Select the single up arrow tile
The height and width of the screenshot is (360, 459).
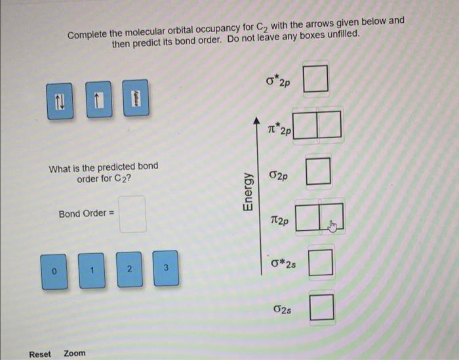pyautogui.click(x=97, y=100)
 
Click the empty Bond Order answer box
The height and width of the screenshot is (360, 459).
pyautogui.click(x=132, y=214)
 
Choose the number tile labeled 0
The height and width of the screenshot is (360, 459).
pyautogui.click(x=56, y=270)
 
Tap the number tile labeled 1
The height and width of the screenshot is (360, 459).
pyautogui.click(x=93, y=269)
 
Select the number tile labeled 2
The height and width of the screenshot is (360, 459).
pyautogui.click(x=130, y=268)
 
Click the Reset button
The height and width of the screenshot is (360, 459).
pyautogui.click(x=40, y=353)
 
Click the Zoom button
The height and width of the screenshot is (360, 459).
pyautogui.click(x=75, y=353)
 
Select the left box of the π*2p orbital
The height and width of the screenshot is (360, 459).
pyautogui.click(x=305, y=126)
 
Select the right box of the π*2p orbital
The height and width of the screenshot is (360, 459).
pyautogui.click(x=330, y=126)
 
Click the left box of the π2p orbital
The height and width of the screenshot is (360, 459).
pyautogui.click(x=307, y=218)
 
